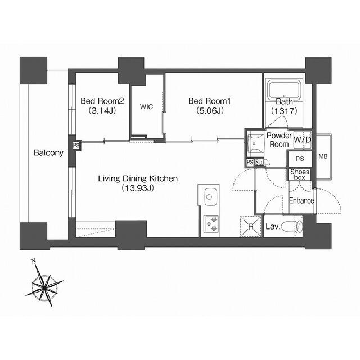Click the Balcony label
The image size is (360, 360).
pos(48,152)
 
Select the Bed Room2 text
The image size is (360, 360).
pos(102,101)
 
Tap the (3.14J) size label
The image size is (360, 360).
pos(102,111)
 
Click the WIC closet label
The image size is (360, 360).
pos(146,106)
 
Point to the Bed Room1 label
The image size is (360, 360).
pos(210,101)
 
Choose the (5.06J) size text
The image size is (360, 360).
pos(210,111)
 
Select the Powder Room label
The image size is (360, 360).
pos(278,140)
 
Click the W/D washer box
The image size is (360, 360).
pos(302,139)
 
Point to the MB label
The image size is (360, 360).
pos(323,156)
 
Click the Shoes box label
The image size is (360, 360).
pos(299,174)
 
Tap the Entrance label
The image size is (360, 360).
pos(301,201)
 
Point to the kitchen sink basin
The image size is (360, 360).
pos(210,197)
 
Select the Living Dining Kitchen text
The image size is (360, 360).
pos(138,179)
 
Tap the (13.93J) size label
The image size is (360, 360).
pos(138,188)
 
